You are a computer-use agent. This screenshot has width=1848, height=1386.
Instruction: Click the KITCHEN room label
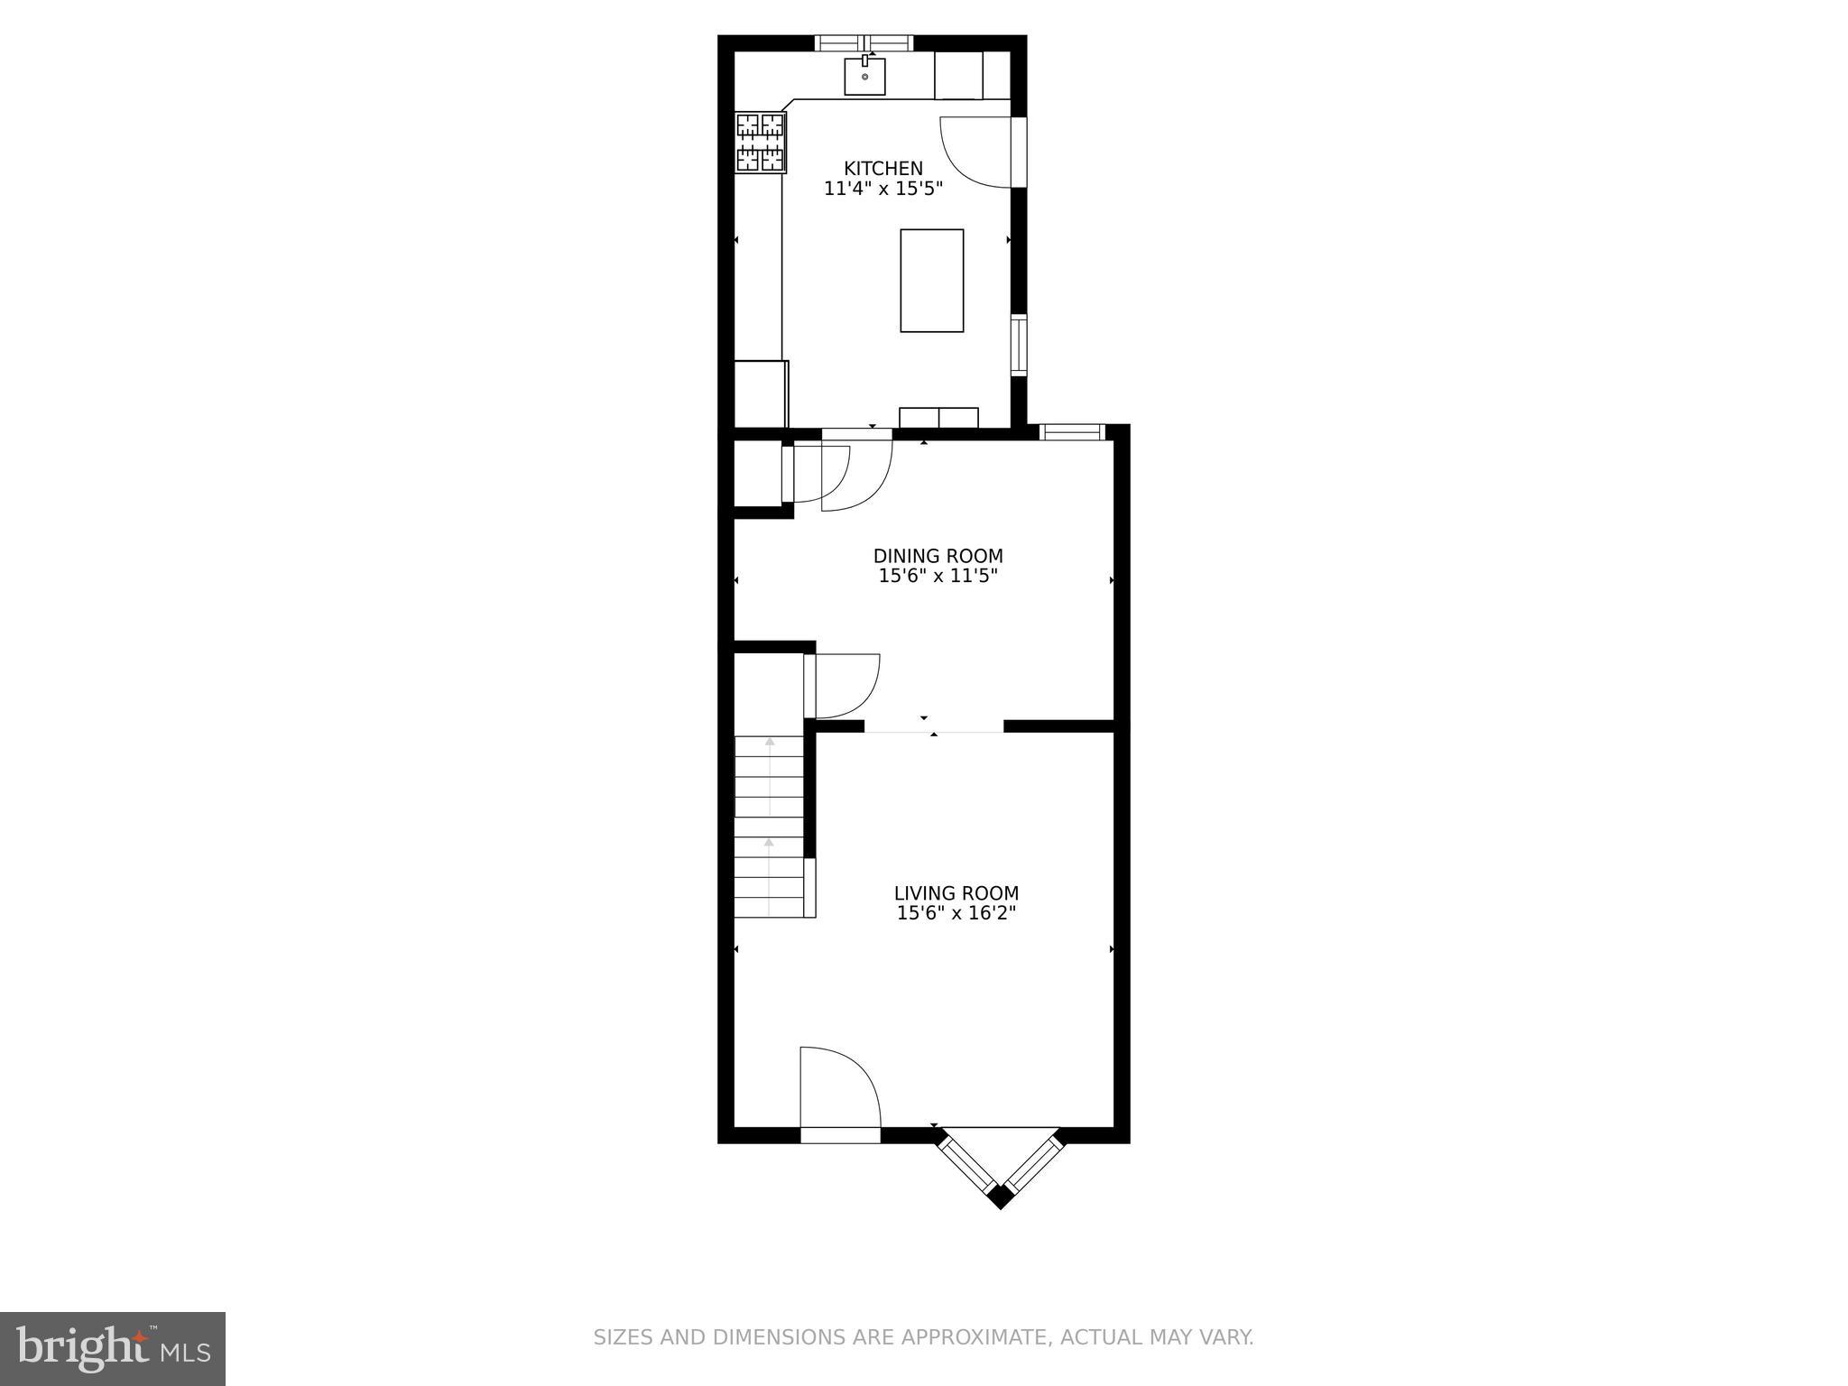pos(882,169)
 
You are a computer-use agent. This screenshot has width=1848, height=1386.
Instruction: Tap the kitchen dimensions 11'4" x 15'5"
pos(882,189)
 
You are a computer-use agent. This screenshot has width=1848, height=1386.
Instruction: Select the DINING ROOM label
pos(938,557)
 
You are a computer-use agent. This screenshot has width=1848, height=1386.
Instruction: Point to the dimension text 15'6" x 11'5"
pos(938,577)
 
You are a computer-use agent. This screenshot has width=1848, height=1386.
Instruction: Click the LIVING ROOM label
pos(956,893)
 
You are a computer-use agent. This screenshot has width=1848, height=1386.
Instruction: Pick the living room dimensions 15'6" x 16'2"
pos(956,913)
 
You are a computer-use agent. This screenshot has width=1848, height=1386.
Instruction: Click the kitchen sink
pos(864,76)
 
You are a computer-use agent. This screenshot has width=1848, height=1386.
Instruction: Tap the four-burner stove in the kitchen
pos(761,142)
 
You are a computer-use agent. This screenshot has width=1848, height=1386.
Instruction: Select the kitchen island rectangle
pos(931,281)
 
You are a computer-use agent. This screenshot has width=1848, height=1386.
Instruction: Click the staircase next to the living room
pos(768,826)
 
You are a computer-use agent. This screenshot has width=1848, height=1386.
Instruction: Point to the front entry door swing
pos(837,1087)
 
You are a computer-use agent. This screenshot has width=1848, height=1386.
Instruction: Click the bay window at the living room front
pos(1000,1168)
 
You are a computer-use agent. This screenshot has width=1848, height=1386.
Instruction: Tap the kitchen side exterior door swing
pos(976,152)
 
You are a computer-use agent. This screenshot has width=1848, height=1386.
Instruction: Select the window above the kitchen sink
pos(864,42)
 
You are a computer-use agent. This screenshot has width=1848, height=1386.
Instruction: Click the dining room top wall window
pos(1072,432)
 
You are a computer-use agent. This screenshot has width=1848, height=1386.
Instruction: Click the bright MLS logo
pos(113,1348)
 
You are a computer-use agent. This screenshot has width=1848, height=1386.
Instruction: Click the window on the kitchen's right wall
pos(1018,346)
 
